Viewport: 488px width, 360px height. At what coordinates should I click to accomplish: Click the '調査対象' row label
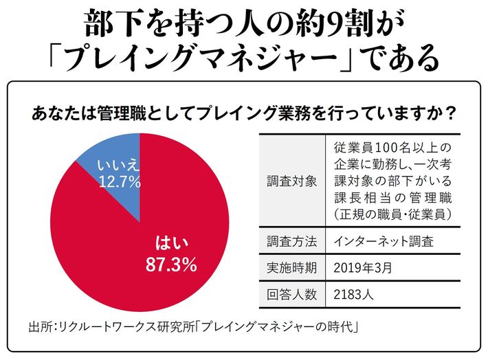(x=291, y=182)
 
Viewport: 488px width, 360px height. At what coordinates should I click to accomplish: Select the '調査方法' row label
(x=291, y=242)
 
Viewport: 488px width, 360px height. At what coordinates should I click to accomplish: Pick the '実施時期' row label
(x=291, y=268)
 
